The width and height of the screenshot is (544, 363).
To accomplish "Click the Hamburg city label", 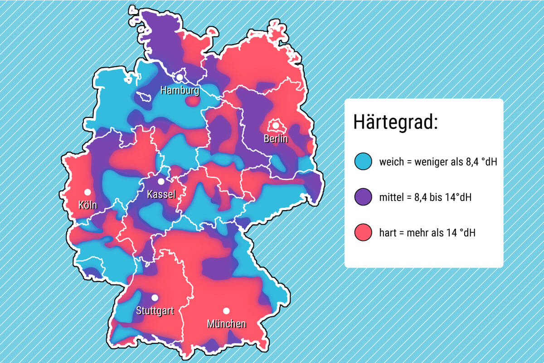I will pos(180,90).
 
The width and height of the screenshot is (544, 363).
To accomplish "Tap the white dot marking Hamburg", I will pos(180,78).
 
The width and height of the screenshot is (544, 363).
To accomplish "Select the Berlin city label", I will pos(276,139).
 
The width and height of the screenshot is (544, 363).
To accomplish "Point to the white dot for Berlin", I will pos(275,125).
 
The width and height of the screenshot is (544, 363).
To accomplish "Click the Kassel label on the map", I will pos(161,195).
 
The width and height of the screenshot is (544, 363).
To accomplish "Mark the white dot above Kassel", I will pos(161,181).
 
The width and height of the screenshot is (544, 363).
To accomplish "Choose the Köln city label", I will pos(87,205).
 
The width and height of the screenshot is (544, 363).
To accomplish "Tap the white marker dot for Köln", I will pos(87,192).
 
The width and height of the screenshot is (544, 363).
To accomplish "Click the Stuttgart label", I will pos(155,311).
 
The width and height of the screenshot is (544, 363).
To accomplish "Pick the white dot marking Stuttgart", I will pos(155,298).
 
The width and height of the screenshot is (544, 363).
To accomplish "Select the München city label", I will pos(226,324).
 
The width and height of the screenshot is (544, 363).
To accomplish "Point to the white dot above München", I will pos(226,311).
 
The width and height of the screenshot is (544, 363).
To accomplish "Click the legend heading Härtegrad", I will pos(395,123).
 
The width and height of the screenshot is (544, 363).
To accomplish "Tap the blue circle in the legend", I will pos(364,161).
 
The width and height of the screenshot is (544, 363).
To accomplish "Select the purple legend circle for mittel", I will pos(364,197).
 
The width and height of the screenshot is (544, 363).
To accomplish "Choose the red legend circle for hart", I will pos(364,232).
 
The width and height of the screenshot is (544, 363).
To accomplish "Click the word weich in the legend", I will pos(391,161).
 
